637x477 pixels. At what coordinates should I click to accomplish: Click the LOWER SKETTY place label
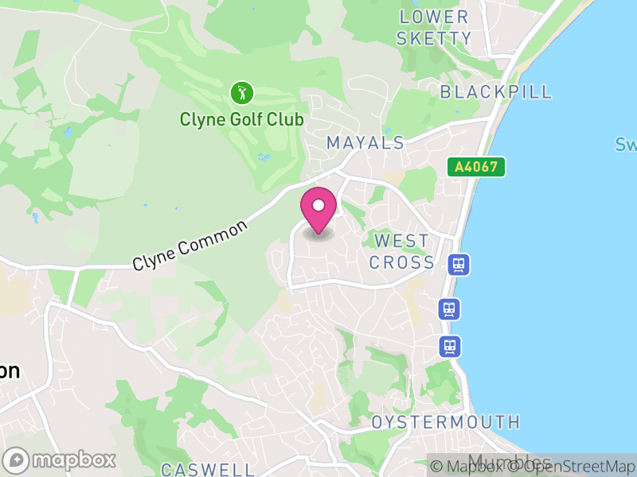point(435,27)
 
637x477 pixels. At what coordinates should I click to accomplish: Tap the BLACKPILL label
point(496,91)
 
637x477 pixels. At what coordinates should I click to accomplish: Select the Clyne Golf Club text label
point(241,120)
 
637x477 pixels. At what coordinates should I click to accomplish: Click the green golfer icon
point(241,93)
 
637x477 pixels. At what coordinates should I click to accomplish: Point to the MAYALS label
point(365,143)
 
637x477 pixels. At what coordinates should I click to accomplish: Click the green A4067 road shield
point(476,167)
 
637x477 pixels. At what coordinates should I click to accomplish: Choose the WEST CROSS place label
point(402,251)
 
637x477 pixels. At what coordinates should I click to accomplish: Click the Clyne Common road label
point(190,245)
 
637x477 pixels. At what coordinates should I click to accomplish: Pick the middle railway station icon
point(450,308)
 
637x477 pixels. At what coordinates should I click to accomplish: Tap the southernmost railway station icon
point(450,346)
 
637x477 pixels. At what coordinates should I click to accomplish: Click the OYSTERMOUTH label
point(445,422)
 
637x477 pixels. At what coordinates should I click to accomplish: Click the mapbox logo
point(60,460)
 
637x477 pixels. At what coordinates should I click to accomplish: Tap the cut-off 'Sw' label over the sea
point(625,145)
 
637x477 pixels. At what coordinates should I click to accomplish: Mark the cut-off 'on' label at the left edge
point(9,370)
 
